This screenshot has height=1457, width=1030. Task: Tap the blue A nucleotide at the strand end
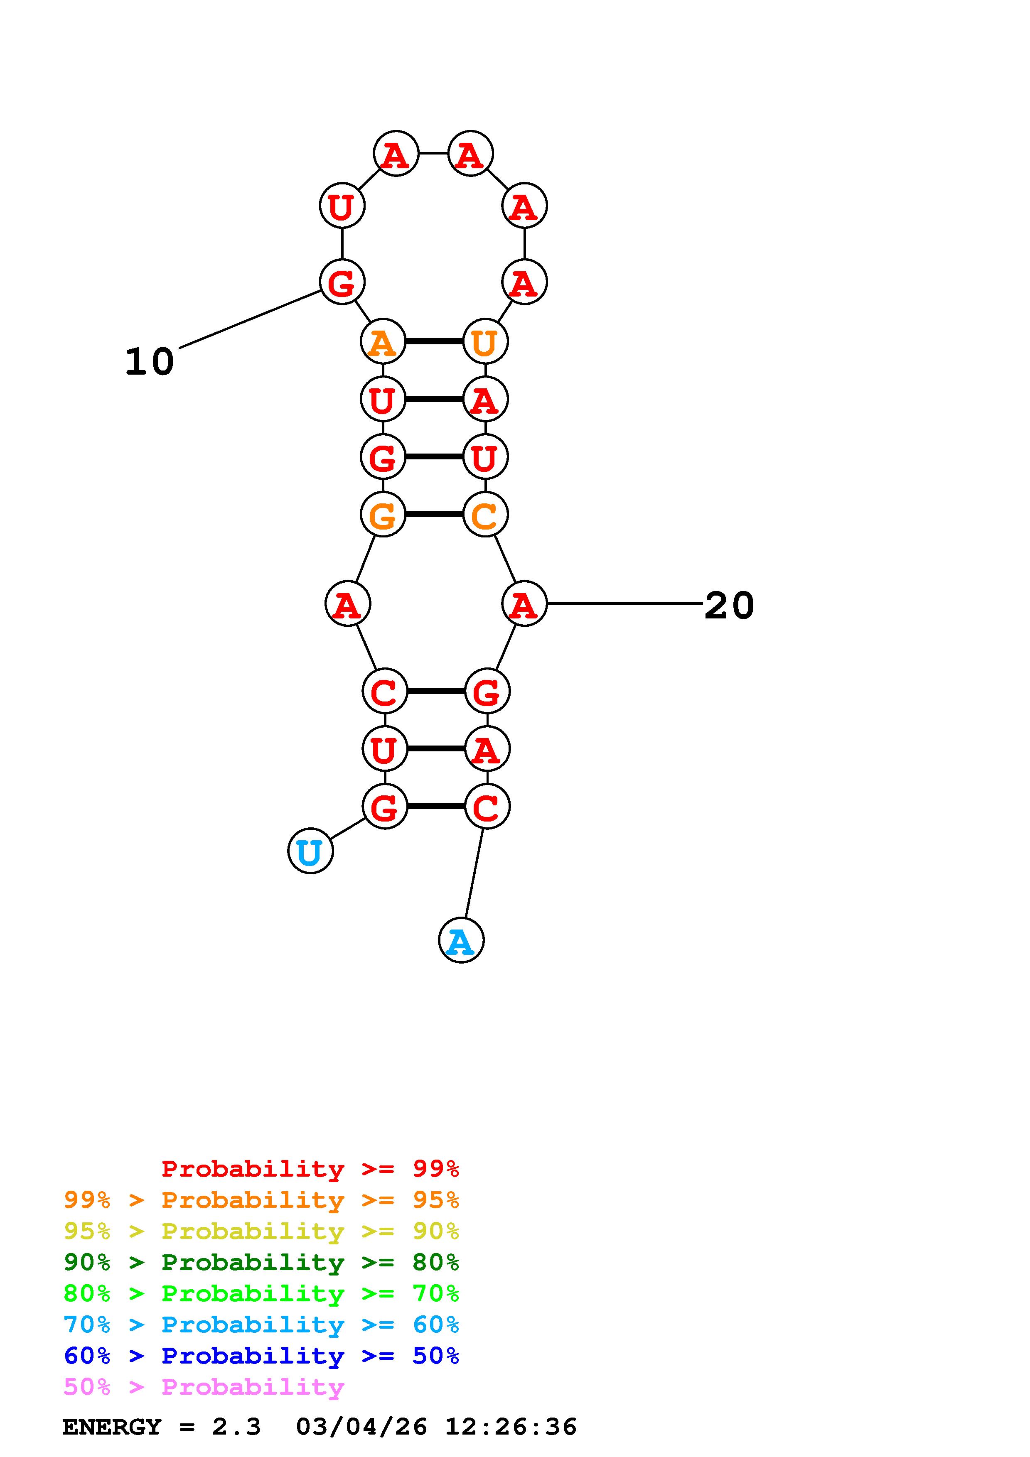(461, 940)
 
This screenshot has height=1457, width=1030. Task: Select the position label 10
(149, 362)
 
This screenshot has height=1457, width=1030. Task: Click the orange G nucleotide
(383, 514)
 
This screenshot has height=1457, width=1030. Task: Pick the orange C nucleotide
(485, 514)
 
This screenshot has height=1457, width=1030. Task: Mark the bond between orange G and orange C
(434, 514)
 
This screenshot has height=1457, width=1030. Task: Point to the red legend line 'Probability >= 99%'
(310, 1168)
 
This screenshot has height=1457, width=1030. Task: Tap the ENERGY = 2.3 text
(161, 1427)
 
